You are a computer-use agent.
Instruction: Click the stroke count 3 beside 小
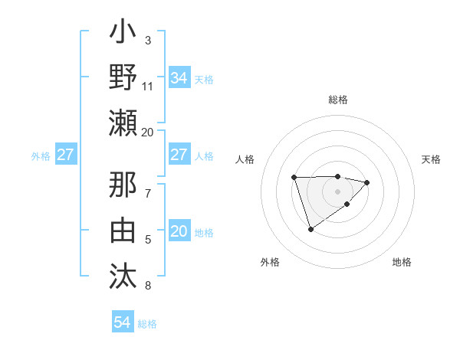click(x=148, y=40)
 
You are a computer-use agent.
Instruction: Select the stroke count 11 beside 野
click(x=148, y=86)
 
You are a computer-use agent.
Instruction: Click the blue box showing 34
click(x=179, y=78)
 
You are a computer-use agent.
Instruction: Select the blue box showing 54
click(x=122, y=322)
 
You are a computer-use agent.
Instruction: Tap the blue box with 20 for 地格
click(x=179, y=232)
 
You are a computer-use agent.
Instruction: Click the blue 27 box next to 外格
click(x=65, y=155)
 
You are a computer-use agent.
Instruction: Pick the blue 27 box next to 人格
click(x=179, y=155)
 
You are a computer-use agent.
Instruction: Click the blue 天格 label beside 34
click(x=204, y=80)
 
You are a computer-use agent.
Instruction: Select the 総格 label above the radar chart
click(x=337, y=100)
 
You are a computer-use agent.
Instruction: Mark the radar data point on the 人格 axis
click(x=294, y=178)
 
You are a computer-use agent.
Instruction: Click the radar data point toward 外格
click(x=310, y=229)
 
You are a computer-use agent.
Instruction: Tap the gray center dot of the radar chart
click(x=337, y=191)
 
